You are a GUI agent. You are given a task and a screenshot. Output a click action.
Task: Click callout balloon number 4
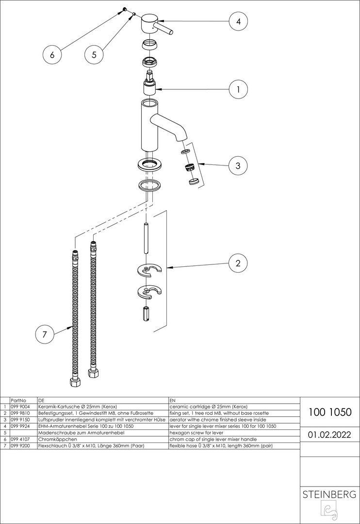[238, 21]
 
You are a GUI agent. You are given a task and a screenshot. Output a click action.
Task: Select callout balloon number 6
[52, 54]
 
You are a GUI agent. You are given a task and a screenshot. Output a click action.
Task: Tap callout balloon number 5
[94, 54]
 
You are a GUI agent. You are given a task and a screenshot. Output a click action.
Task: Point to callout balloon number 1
[238, 89]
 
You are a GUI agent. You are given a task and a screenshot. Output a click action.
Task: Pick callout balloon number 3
[238, 165]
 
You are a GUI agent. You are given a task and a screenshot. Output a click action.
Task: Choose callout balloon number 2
[238, 263]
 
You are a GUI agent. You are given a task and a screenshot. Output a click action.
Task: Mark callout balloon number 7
[45, 334]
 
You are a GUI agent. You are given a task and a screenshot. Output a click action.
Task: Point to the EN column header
[172, 400]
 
